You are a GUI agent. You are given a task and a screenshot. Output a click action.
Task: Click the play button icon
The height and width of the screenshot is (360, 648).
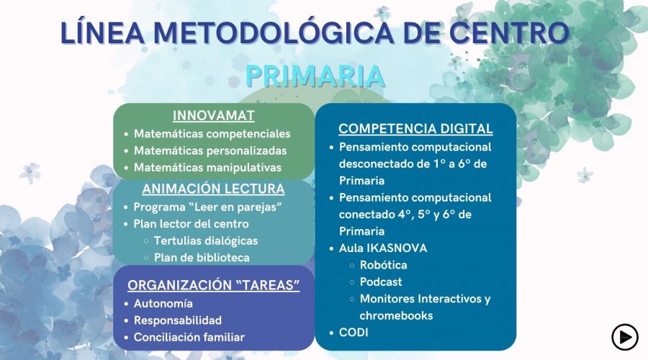coord(624,337)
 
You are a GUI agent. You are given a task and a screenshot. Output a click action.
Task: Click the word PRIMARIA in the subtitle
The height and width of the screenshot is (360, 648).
coord(315,76)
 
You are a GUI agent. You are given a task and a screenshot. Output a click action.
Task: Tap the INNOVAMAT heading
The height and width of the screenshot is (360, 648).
coord(213,116)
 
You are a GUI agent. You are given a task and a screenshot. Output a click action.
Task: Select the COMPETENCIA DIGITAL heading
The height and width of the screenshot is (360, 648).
coord(415,129)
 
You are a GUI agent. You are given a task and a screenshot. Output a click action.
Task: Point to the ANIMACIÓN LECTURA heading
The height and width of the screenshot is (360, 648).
coord(213,189)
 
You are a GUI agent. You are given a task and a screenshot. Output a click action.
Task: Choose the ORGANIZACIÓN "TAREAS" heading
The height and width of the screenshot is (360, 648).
coord(213,285)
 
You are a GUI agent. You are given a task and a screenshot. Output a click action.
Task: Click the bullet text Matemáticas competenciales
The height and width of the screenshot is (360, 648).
coord(212,134)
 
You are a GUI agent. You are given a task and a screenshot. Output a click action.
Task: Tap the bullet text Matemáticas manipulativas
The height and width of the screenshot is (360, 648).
coord(207,167)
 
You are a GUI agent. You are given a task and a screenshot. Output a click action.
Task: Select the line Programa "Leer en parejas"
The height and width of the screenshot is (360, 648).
coord(208,207)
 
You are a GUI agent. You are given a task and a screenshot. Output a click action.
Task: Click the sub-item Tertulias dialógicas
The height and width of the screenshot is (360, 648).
coord(206,240)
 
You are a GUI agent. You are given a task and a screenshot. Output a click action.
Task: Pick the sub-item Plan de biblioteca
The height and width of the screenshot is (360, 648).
coord(202,258)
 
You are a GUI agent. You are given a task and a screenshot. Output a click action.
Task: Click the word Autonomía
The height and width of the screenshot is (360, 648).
coord(163,303)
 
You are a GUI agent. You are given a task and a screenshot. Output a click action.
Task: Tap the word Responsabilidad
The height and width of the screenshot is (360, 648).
coord(178,320)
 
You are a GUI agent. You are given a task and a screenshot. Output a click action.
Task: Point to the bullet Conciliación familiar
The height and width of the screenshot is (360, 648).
coord(189,337)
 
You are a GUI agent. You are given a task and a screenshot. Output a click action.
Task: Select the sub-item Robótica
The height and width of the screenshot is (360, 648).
coord(384,265)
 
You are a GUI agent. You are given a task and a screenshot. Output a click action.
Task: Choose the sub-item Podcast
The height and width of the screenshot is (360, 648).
coord(381,282)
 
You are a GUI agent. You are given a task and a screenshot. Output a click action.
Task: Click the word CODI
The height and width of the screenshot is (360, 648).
coord(354,333)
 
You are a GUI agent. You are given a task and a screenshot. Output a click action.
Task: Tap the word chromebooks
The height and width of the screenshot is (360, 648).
coord(396,315)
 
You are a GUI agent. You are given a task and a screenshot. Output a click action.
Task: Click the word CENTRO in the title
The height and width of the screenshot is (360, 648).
coord(510,32)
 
